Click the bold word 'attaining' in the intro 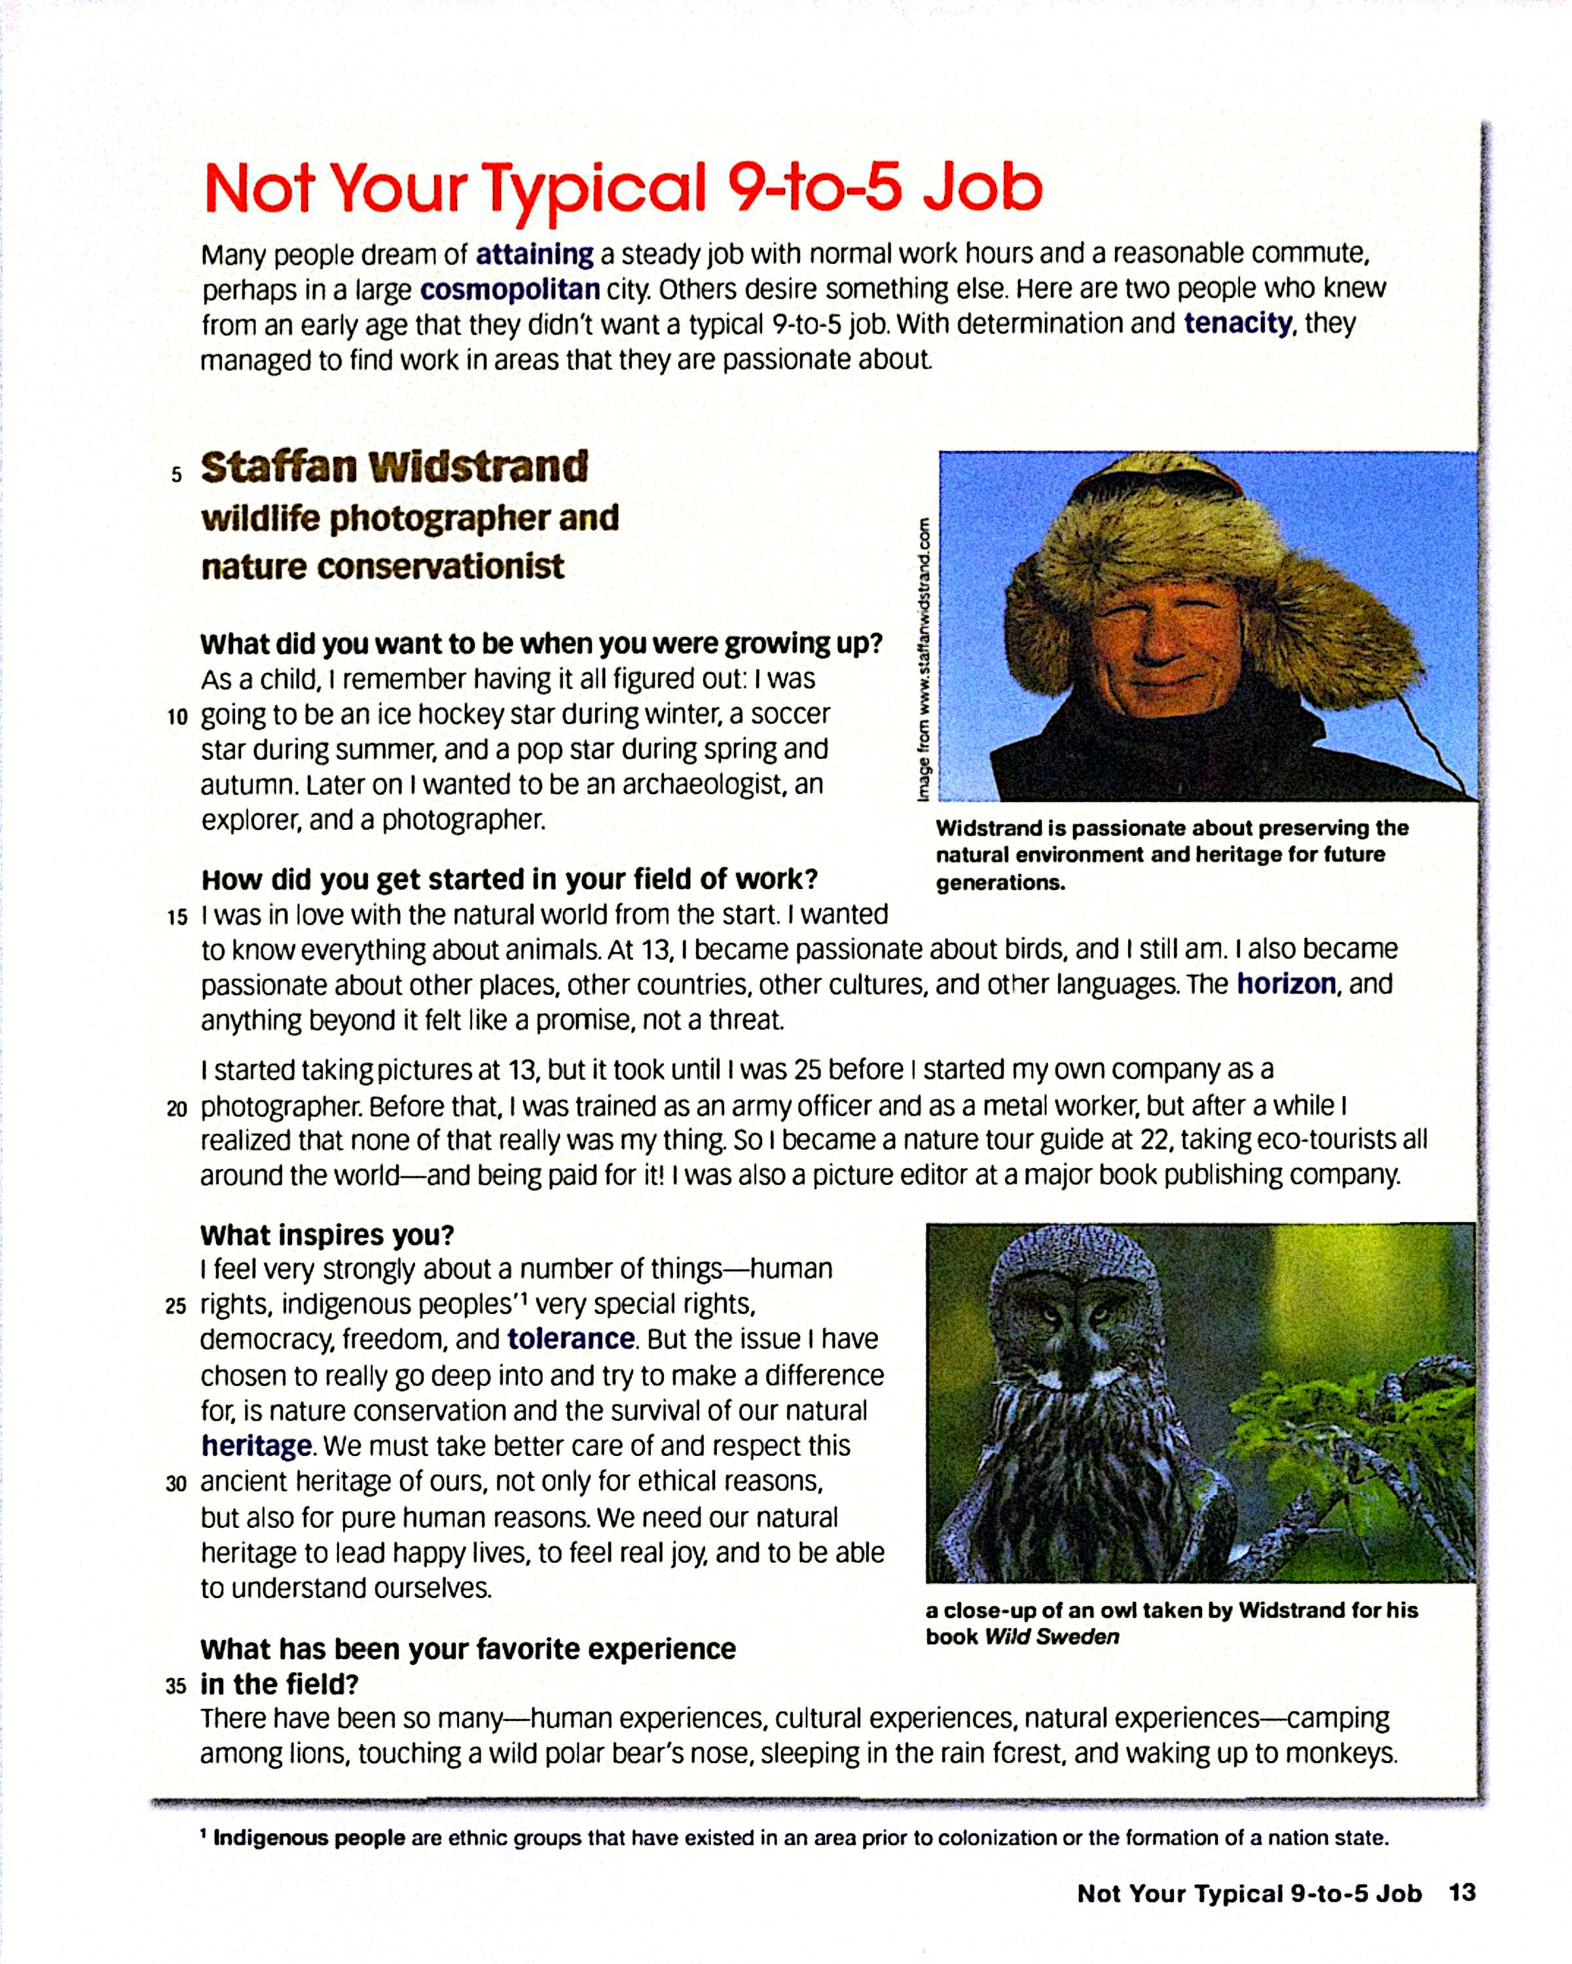point(535,253)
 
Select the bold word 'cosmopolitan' point(509,289)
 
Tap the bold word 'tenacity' point(1237,323)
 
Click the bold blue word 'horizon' point(1285,984)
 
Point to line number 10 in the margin point(177,717)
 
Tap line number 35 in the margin point(175,1686)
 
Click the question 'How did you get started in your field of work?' point(509,879)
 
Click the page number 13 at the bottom point(1462,1893)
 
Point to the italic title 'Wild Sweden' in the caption point(1052,1636)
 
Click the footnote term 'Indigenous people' point(309,1838)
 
